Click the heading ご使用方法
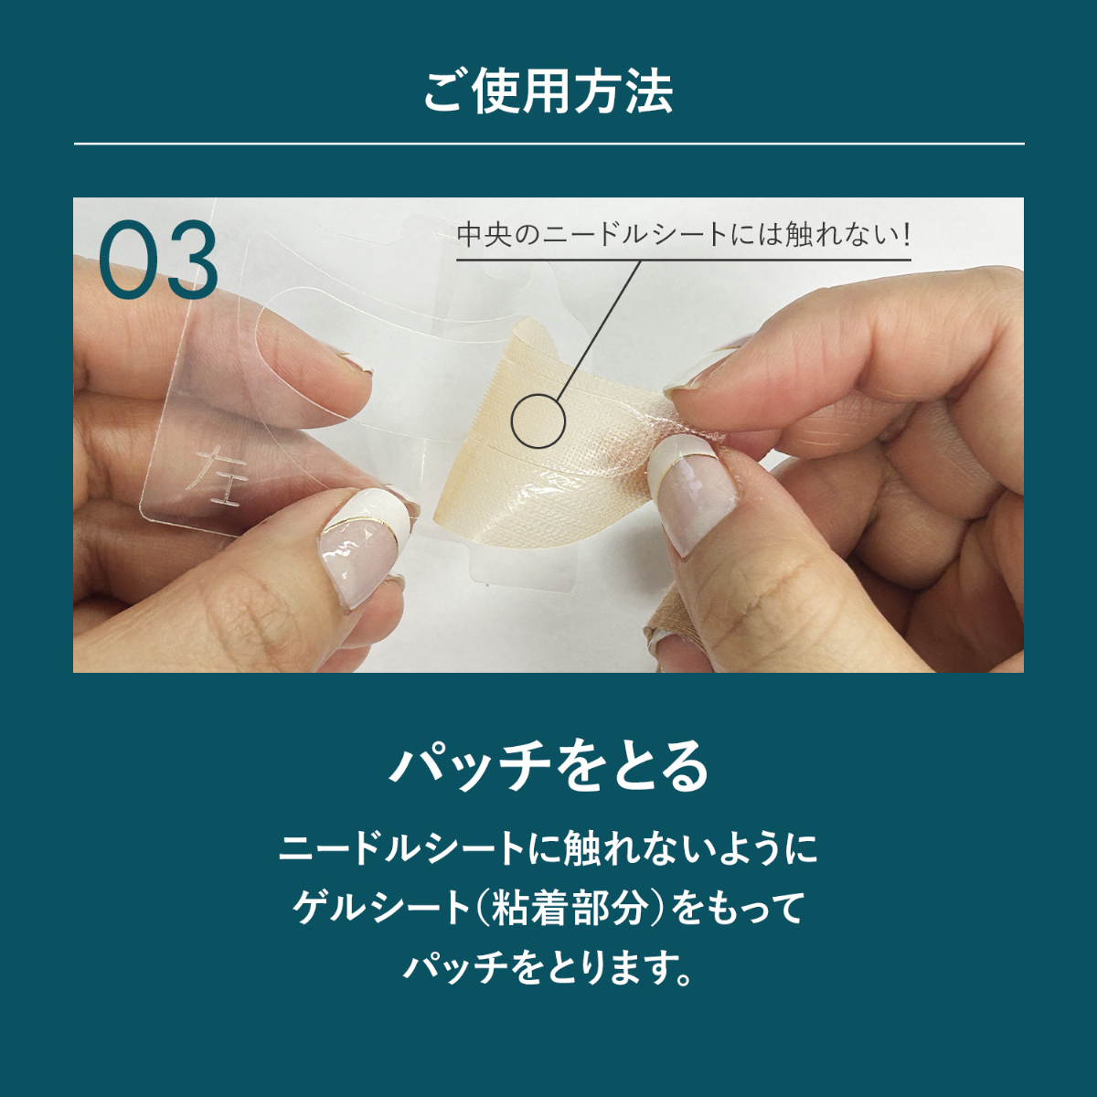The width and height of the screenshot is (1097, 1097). (x=548, y=91)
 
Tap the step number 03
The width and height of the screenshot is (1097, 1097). (x=158, y=261)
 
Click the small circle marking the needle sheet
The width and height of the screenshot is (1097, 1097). (x=538, y=421)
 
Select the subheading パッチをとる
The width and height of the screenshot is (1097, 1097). (x=548, y=767)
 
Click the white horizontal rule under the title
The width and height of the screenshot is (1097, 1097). (x=548, y=144)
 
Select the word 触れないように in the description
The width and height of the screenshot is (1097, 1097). (x=682, y=866)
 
